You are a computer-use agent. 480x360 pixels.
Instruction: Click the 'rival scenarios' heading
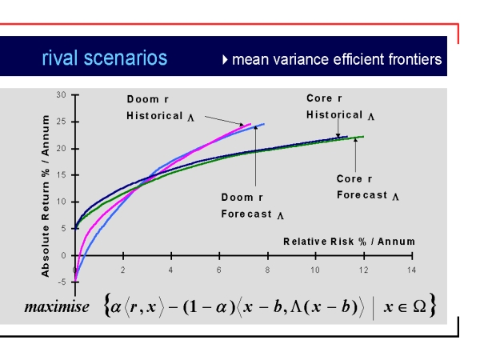(x=104, y=58)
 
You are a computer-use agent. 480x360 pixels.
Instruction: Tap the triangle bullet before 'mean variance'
(x=225, y=60)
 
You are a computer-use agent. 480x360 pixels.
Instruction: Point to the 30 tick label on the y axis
(x=62, y=95)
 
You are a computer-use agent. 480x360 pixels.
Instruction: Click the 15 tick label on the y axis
(x=62, y=175)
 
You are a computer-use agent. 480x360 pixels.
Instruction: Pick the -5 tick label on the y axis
(x=62, y=282)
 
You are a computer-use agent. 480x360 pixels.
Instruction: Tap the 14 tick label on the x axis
(x=411, y=270)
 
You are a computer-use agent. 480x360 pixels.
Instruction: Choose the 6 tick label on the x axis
(x=219, y=270)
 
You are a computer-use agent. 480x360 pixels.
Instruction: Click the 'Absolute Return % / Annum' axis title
(x=46, y=196)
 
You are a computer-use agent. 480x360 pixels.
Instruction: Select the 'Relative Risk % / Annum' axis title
(x=350, y=242)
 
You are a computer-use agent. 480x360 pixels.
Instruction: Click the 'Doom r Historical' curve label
(x=160, y=108)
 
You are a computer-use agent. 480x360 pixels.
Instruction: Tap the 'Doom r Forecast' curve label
(x=252, y=206)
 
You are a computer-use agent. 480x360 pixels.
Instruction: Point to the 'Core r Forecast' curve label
(x=368, y=187)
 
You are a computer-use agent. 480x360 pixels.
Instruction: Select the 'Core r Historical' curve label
(x=340, y=107)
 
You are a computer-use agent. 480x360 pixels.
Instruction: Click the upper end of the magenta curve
(x=250, y=124)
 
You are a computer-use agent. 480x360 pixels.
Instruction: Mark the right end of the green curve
(x=363, y=137)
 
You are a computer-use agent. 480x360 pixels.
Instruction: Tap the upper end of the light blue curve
(x=264, y=124)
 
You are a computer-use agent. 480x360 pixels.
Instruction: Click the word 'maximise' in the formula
(x=57, y=307)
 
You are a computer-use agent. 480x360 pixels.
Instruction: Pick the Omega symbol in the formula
(x=419, y=306)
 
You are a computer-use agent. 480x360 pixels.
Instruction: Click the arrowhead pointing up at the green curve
(x=355, y=140)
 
